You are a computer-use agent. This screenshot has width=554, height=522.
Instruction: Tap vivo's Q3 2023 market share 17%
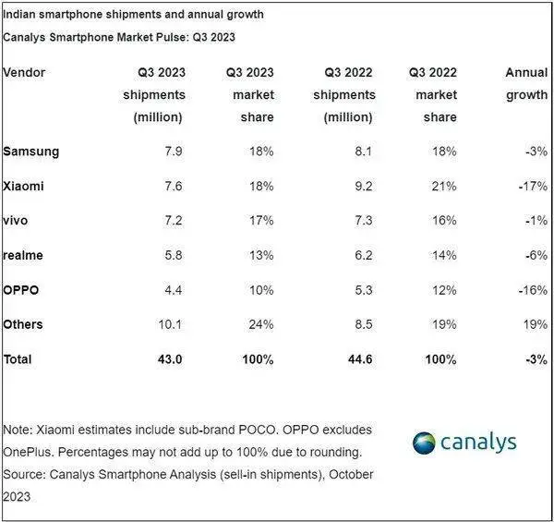pos(259,220)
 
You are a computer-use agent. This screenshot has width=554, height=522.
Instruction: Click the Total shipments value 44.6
pos(359,358)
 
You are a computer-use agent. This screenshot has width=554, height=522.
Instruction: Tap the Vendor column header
pos(25,72)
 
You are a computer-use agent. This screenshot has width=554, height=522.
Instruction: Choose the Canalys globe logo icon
pos(426,443)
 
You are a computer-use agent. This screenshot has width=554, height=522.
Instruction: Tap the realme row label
pos(24,255)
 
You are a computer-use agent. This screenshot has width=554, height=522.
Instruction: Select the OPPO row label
pos(22,289)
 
